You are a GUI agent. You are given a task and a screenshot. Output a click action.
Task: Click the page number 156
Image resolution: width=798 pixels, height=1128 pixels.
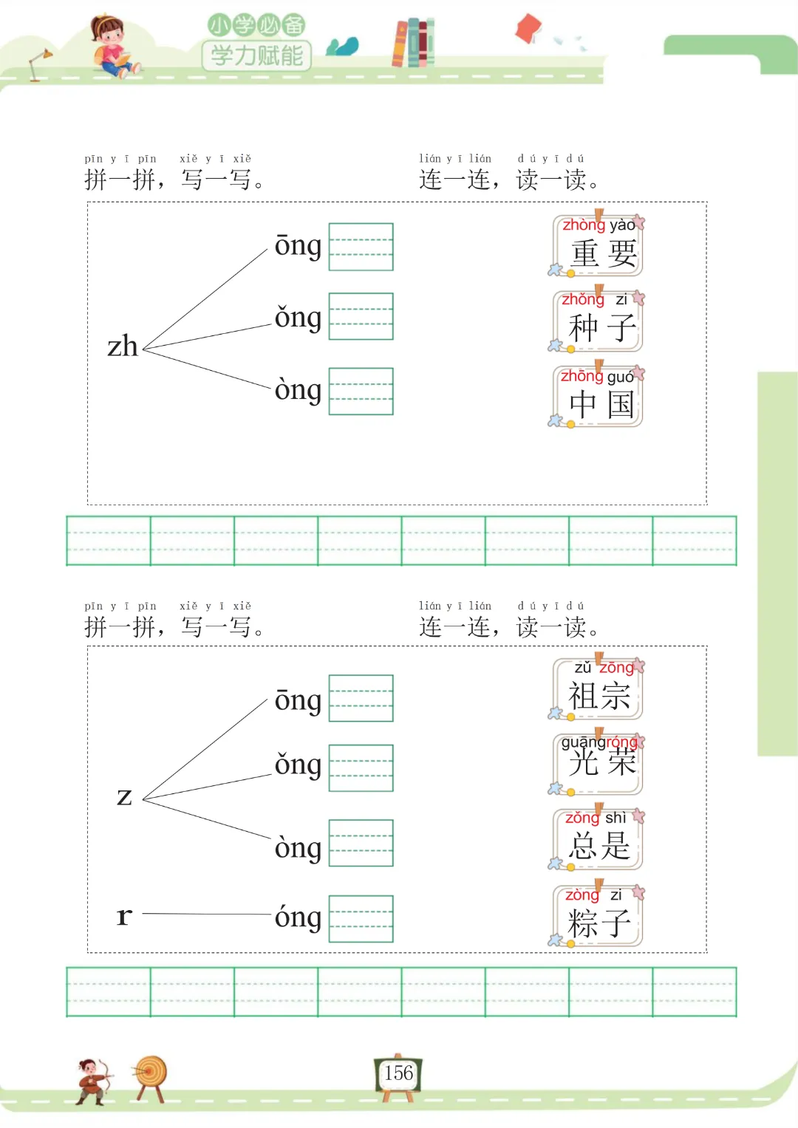point(399,1073)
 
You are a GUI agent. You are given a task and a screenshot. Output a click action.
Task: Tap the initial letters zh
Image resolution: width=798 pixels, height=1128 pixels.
point(123,346)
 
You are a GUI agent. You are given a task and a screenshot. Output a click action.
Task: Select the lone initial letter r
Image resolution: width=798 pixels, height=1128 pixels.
point(124,916)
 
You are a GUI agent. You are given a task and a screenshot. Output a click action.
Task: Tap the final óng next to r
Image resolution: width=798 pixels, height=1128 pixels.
point(298,917)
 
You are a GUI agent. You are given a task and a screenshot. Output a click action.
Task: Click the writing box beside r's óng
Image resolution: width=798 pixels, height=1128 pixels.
point(361,918)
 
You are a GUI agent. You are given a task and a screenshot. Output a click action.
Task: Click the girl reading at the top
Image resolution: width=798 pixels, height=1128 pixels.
point(112,46)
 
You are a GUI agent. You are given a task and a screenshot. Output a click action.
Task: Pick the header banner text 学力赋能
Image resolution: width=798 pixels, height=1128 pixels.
point(256,55)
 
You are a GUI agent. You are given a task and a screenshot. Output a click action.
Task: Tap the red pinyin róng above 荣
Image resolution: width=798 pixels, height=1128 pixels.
point(618,742)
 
